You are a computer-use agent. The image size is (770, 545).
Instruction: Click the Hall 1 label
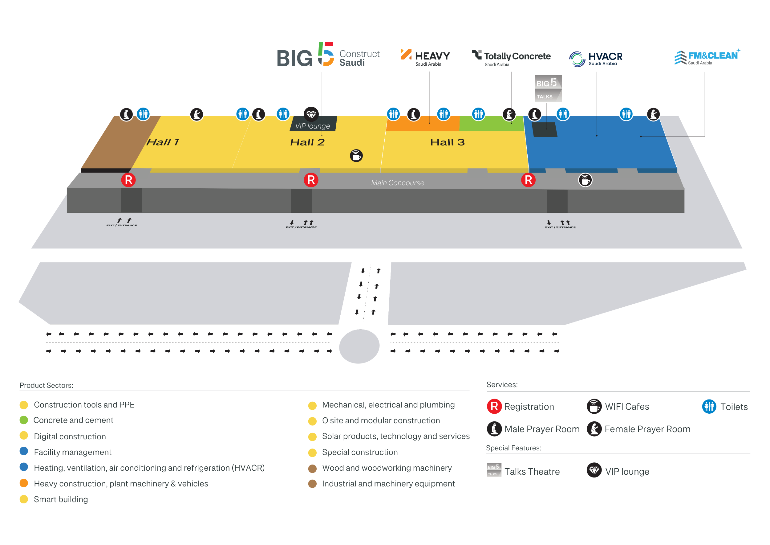[x=163, y=142]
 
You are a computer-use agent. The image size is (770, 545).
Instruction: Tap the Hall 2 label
[x=307, y=142]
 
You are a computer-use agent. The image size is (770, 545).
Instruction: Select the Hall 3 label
[x=448, y=142]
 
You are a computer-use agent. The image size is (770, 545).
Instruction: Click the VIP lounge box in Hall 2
[x=313, y=124]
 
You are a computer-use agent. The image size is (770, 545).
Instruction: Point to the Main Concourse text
[x=397, y=183]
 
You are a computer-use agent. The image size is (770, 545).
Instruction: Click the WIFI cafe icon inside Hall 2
[x=356, y=156]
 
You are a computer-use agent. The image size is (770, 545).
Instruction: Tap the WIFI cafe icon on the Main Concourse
[x=585, y=180]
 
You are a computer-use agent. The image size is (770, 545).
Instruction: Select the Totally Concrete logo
[x=511, y=58]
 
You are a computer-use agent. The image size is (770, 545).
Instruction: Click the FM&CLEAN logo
[x=707, y=57]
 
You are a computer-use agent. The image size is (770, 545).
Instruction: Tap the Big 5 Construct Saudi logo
[x=328, y=55]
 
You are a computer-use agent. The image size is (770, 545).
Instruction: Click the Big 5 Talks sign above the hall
[x=548, y=88]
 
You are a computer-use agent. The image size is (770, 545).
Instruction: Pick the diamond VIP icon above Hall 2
[x=311, y=114]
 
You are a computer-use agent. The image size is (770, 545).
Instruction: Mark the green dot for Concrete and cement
[x=24, y=420]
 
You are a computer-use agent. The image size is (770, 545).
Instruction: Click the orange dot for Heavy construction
[x=24, y=483]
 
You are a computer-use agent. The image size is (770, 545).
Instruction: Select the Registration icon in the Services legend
[x=494, y=406]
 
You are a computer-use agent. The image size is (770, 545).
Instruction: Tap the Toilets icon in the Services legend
[x=709, y=406]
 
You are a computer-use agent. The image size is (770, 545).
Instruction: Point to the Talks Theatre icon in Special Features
[x=494, y=469]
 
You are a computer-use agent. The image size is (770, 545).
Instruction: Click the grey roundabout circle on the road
[x=359, y=346]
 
